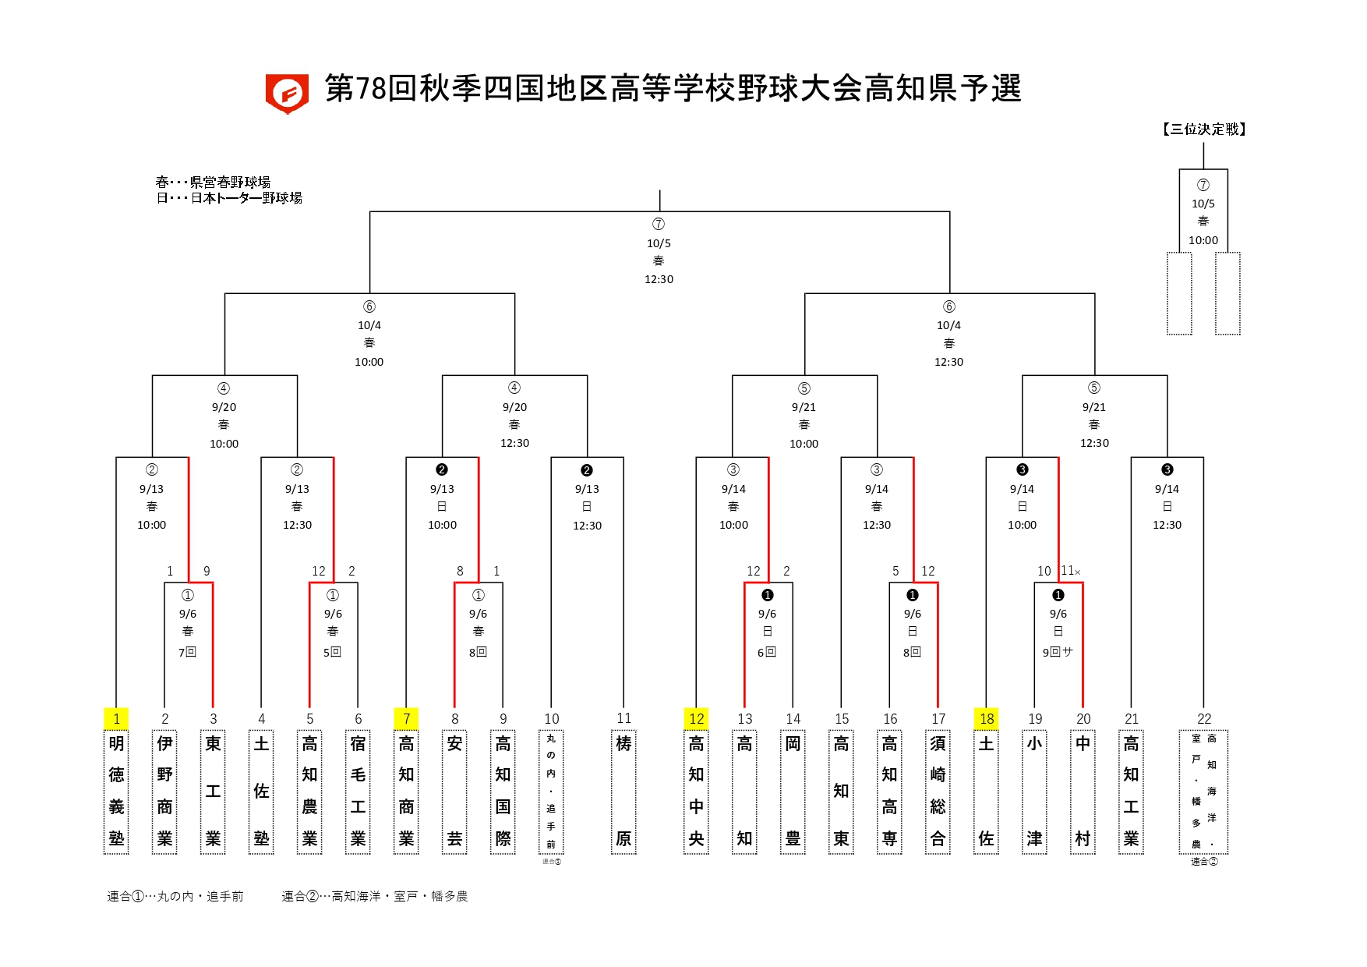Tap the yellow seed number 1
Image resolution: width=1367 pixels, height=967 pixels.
click(116, 718)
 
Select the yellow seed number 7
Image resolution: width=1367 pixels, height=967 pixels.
click(406, 718)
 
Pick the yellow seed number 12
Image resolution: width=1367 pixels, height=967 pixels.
click(696, 718)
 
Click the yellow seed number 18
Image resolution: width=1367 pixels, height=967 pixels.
click(987, 718)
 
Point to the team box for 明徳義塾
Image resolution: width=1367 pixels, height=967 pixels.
click(116, 791)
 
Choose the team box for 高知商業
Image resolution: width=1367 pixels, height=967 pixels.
click(406, 791)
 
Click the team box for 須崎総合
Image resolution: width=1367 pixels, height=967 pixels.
click(938, 791)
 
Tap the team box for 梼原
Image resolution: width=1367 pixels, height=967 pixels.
click(623, 791)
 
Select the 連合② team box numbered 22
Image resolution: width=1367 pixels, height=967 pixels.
click(1203, 791)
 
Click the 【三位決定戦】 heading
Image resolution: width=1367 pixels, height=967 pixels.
click(1203, 129)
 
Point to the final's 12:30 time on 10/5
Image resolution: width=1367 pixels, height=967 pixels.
click(659, 279)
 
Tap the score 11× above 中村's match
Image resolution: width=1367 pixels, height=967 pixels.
click(1070, 571)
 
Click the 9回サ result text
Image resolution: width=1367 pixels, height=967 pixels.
click(1058, 652)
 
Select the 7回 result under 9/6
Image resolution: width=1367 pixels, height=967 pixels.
click(187, 652)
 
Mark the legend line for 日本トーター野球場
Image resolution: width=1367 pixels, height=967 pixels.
click(229, 198)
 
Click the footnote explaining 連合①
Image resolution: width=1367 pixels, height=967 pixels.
click(175, 897)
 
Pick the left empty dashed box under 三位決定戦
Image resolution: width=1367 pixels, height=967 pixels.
click(1179, 293)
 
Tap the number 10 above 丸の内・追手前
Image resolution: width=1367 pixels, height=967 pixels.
click(551, 718)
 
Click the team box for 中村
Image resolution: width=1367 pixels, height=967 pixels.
click(1083, 791)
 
